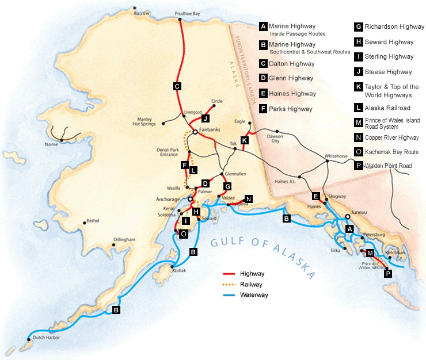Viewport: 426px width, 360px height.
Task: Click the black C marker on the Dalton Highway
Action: (x=177, y=86)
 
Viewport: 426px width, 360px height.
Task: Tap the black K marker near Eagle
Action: (x=245, y=140)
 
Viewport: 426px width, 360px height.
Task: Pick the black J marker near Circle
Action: (x=205, y=118)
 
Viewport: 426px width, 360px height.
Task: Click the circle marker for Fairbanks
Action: (x=195, y=132)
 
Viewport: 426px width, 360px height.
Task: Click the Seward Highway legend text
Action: (x=389, y=42)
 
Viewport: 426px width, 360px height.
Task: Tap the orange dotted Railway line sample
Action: (x=231, y=284)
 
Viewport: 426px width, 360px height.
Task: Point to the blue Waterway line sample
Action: (x=231, y=294)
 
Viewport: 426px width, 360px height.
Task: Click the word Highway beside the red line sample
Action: (x=252, y=274)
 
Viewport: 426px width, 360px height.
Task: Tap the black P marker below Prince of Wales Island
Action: (x=387, y=274)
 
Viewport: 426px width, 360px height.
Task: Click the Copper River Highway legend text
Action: (x=391, y=138)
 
